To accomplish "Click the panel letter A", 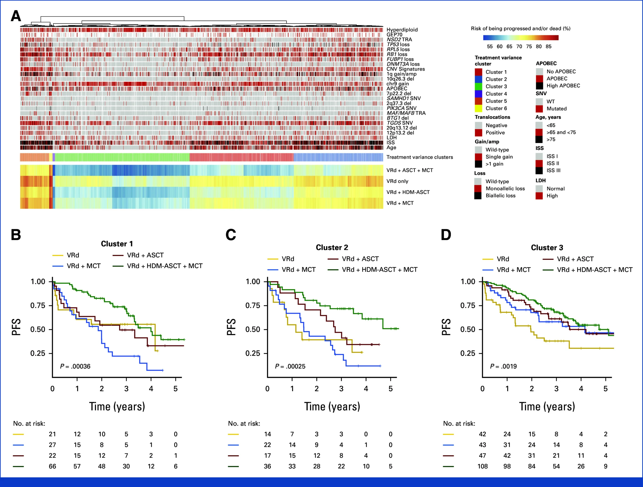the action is (16, 16).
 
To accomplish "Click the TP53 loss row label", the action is (398, 45).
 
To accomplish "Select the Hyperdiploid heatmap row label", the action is (402, 30).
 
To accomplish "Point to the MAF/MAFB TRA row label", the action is (406, 113).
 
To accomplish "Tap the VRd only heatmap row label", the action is (397, 181).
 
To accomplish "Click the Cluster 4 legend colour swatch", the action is (479, 94).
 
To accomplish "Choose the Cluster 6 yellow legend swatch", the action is (479, 108).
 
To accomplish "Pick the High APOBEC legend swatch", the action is (539, 85).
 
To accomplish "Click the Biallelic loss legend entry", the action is (500, 195).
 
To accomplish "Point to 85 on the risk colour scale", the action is (549, 46).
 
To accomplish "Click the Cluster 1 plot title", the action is (117, 244).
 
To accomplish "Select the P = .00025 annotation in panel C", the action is (290, 366).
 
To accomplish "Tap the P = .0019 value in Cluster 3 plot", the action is (504, 366).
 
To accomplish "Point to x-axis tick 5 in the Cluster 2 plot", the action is (391, 389).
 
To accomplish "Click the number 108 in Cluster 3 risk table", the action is (483, 466).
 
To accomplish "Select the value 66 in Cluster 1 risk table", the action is (52, 466).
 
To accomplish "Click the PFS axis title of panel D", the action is (446, 327).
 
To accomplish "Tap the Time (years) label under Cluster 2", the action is (332, 407).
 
